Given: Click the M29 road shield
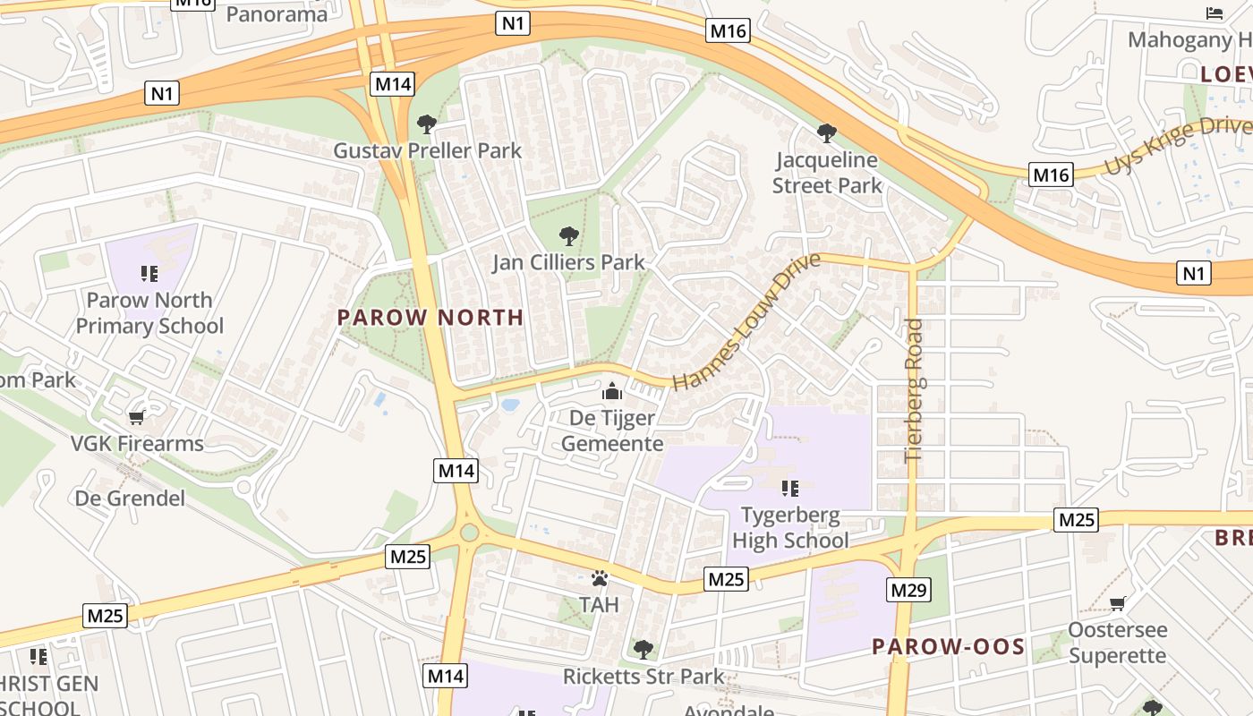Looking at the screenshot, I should coord(908,590).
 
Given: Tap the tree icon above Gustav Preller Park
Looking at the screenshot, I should coord(427,124).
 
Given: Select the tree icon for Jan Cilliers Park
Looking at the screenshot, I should coord(568,236).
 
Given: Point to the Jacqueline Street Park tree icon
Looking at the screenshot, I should coord(827,133).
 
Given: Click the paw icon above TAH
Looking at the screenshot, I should coord(599,579).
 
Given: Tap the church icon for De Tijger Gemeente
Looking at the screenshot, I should coord(612,391).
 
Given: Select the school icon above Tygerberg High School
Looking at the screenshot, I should coord(789,489).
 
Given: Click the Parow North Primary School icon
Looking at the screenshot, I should coord(149,274).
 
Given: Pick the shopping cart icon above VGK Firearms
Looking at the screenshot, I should coord(137,417).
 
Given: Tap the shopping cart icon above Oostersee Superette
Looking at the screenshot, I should coord(1117,603).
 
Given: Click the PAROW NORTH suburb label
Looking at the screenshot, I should coord(430,317).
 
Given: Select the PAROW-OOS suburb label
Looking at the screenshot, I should coord(949,646).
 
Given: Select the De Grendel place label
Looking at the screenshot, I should coord(131,498).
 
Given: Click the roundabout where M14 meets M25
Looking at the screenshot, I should coord(468,533).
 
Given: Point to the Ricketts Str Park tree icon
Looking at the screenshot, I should coord(642,649).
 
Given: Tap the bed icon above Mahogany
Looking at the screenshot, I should coord(1215,13).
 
